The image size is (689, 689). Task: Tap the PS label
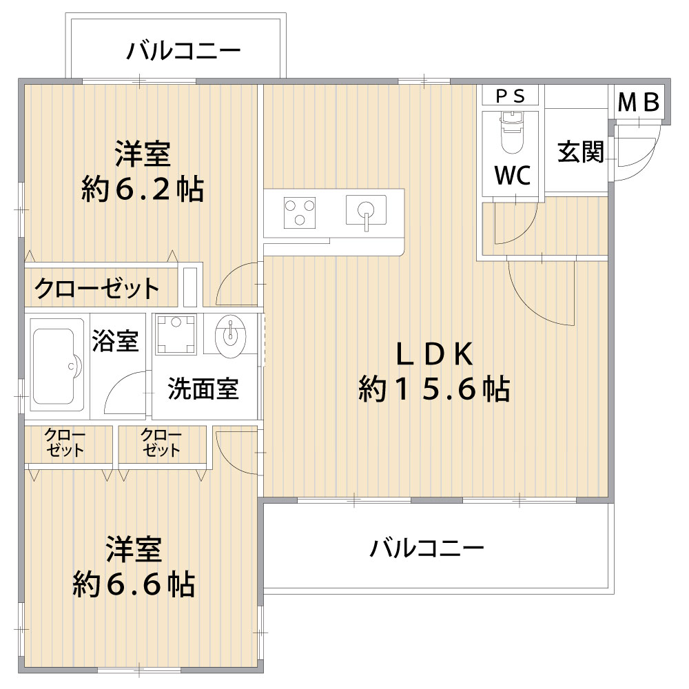pyautogui.click(x=510, y=96)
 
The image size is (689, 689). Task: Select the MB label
pyautogui.click(x=639, y=103)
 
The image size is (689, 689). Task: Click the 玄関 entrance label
pyautogui.click(x=580, y=152)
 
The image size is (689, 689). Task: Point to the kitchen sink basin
pyautogui.click(x=366, y=210)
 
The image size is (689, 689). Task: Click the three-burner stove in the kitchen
pyautogui.click(x=300, y=213)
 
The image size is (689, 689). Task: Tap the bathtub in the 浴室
pyautogui.click(x=56, y=365)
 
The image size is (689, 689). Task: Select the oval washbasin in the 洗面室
pyautogui.click(x=230, y=336)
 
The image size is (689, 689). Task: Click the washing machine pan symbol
pyautogui.click(x=176, y=334)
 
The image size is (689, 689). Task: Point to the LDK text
pyautogui.click(x=435, y=354)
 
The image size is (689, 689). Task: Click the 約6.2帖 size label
pyautogui.click(x=143, y=190)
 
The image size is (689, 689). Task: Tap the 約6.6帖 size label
pyautogui.click(x=134, y=584)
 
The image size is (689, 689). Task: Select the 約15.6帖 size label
pyautogui.click(x=434, y=389)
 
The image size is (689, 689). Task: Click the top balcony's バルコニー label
pyautogui.click(x=183, y=50)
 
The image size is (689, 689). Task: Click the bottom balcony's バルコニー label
pyautogui.click(x=426, y=548)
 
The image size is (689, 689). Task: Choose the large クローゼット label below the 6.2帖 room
pyautogui.click(x=96, y=288)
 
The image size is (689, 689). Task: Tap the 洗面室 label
pyautogui.click(x=203, y=389)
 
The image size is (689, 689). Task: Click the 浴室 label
pyautogui.click(x=115, y=341)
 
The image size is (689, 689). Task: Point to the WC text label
pyautogui.click(x=513, y=175)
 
